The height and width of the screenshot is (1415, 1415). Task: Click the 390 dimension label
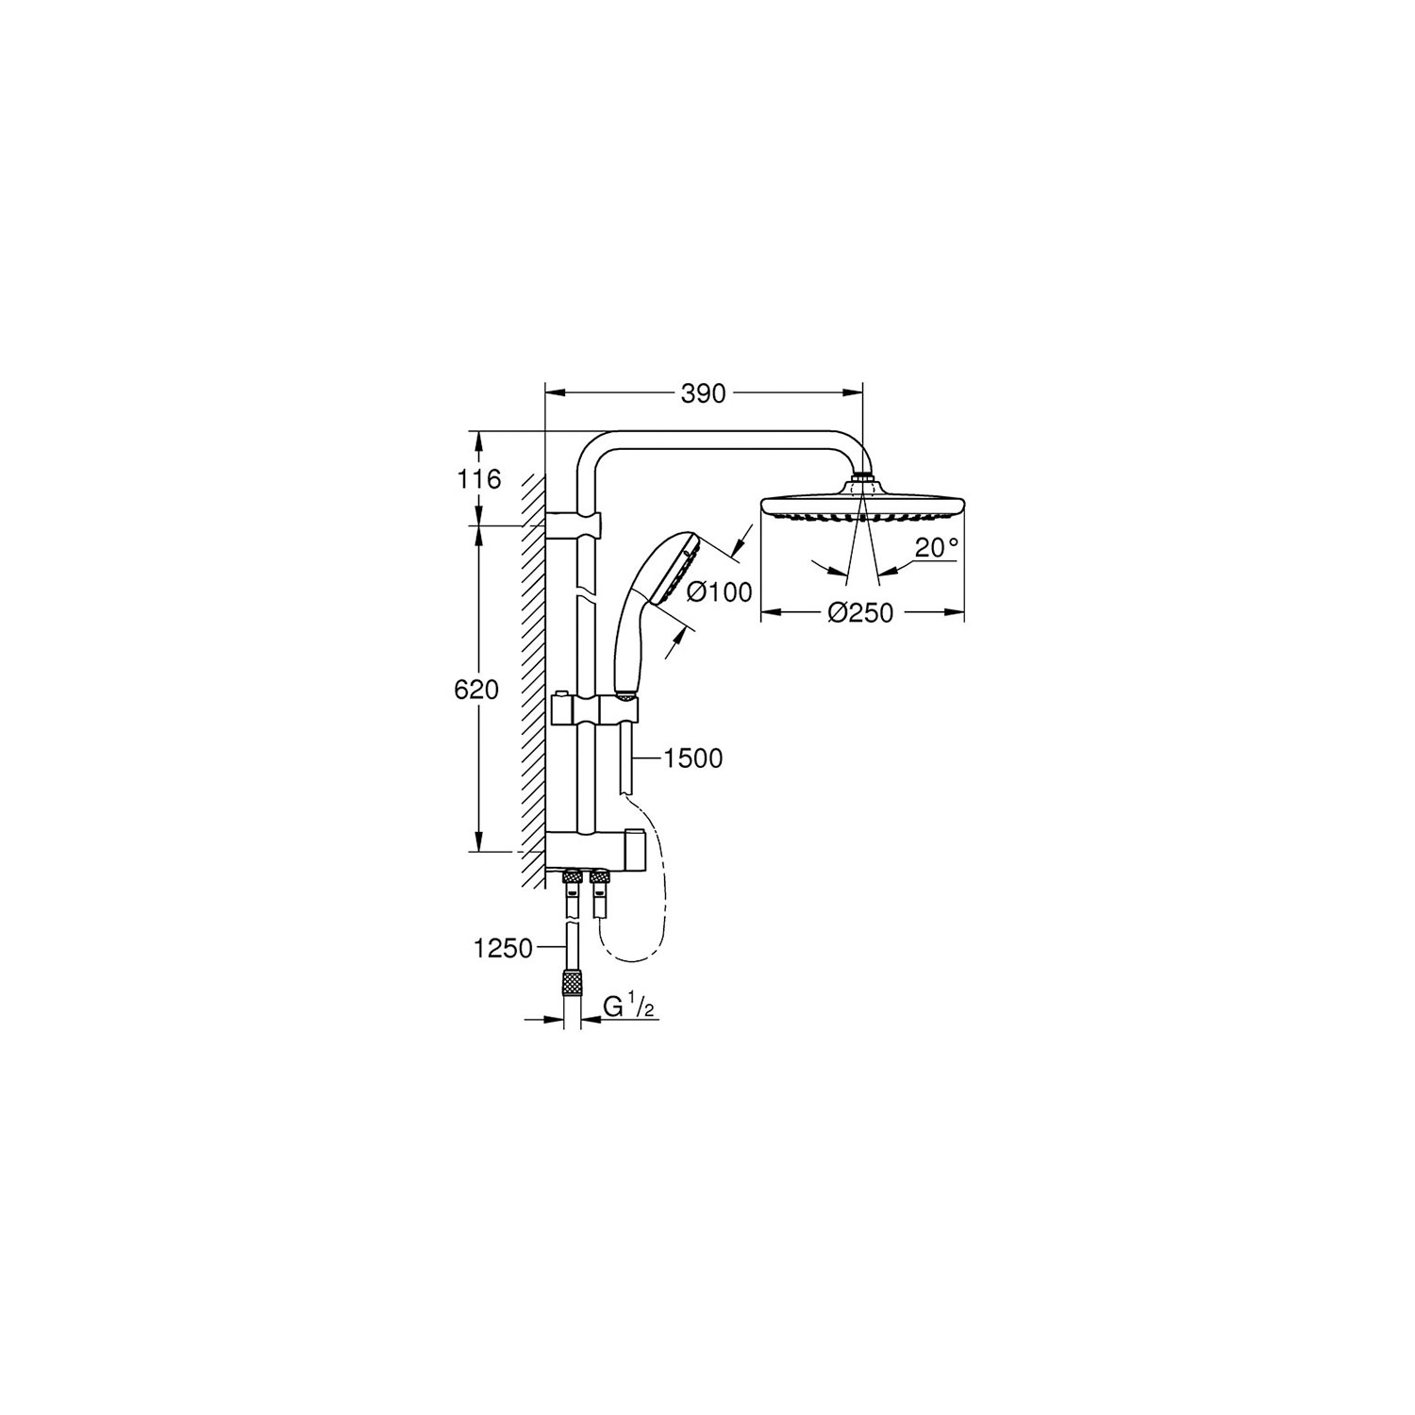point(704,393)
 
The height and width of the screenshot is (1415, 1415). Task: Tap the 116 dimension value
point(479,479)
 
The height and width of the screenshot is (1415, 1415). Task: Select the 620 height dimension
point(476,691)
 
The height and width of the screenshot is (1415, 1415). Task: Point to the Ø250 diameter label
point(860,613)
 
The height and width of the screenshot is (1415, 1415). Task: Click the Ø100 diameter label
point(719,591)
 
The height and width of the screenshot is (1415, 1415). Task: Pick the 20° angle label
point(936,547)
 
